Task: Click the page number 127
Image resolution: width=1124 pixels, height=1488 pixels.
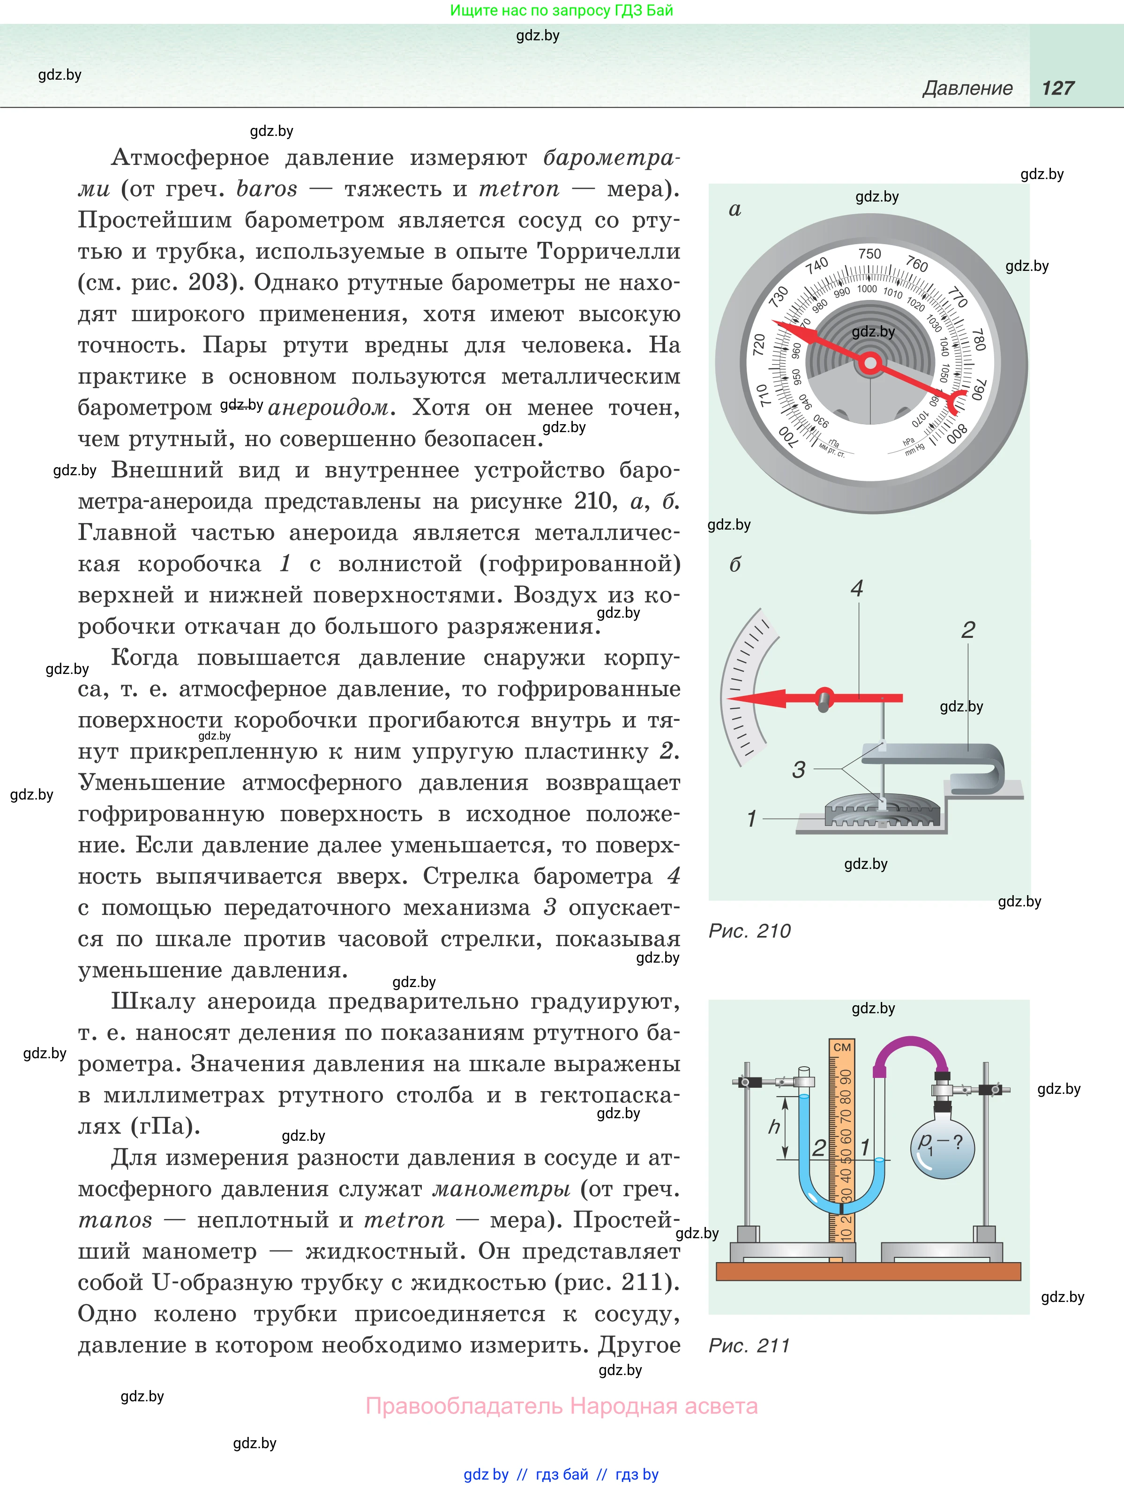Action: tap(1057, 88)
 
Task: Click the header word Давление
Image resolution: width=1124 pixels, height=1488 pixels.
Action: tap(967, 88)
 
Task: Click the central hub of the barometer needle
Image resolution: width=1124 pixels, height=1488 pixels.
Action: tap(870, 363)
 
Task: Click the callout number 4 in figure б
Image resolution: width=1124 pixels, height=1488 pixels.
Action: tap(857, 589)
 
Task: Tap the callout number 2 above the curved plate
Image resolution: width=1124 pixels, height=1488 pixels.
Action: tap(968, 630)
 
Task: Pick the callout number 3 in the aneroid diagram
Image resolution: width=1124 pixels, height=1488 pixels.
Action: tap(798, 770)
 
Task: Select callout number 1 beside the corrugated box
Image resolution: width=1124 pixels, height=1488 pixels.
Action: tap(752, 819)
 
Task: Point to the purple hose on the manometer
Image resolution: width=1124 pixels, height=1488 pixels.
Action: tap(912, 1049)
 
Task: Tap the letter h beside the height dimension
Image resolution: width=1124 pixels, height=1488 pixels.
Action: tap(774, 1127)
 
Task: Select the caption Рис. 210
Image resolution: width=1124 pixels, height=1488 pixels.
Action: tap(749, 931)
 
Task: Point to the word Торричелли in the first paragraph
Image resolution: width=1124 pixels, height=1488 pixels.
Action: tap(608, 252)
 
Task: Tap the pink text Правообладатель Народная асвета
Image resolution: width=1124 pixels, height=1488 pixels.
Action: tap(561, 1406)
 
